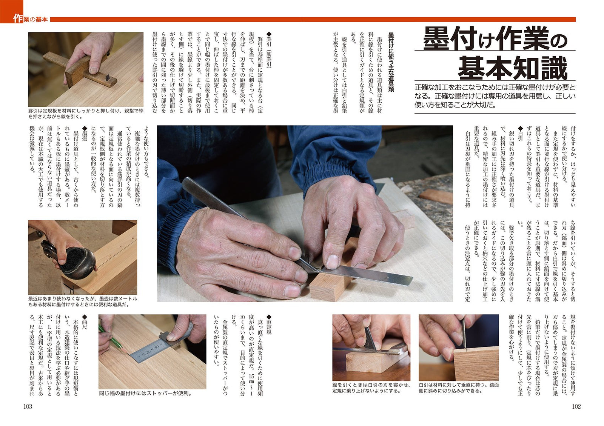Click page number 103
click(28, 407)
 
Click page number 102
click(576, 407)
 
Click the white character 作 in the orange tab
click(17, 19)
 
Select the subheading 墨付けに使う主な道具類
click(391, 62)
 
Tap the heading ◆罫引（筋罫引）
click(269, 50)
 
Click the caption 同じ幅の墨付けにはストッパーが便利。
click(145, 394)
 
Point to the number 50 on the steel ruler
click(156, 346)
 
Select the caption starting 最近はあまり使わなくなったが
click(83, 302)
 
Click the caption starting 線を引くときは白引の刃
click(371, 388)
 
